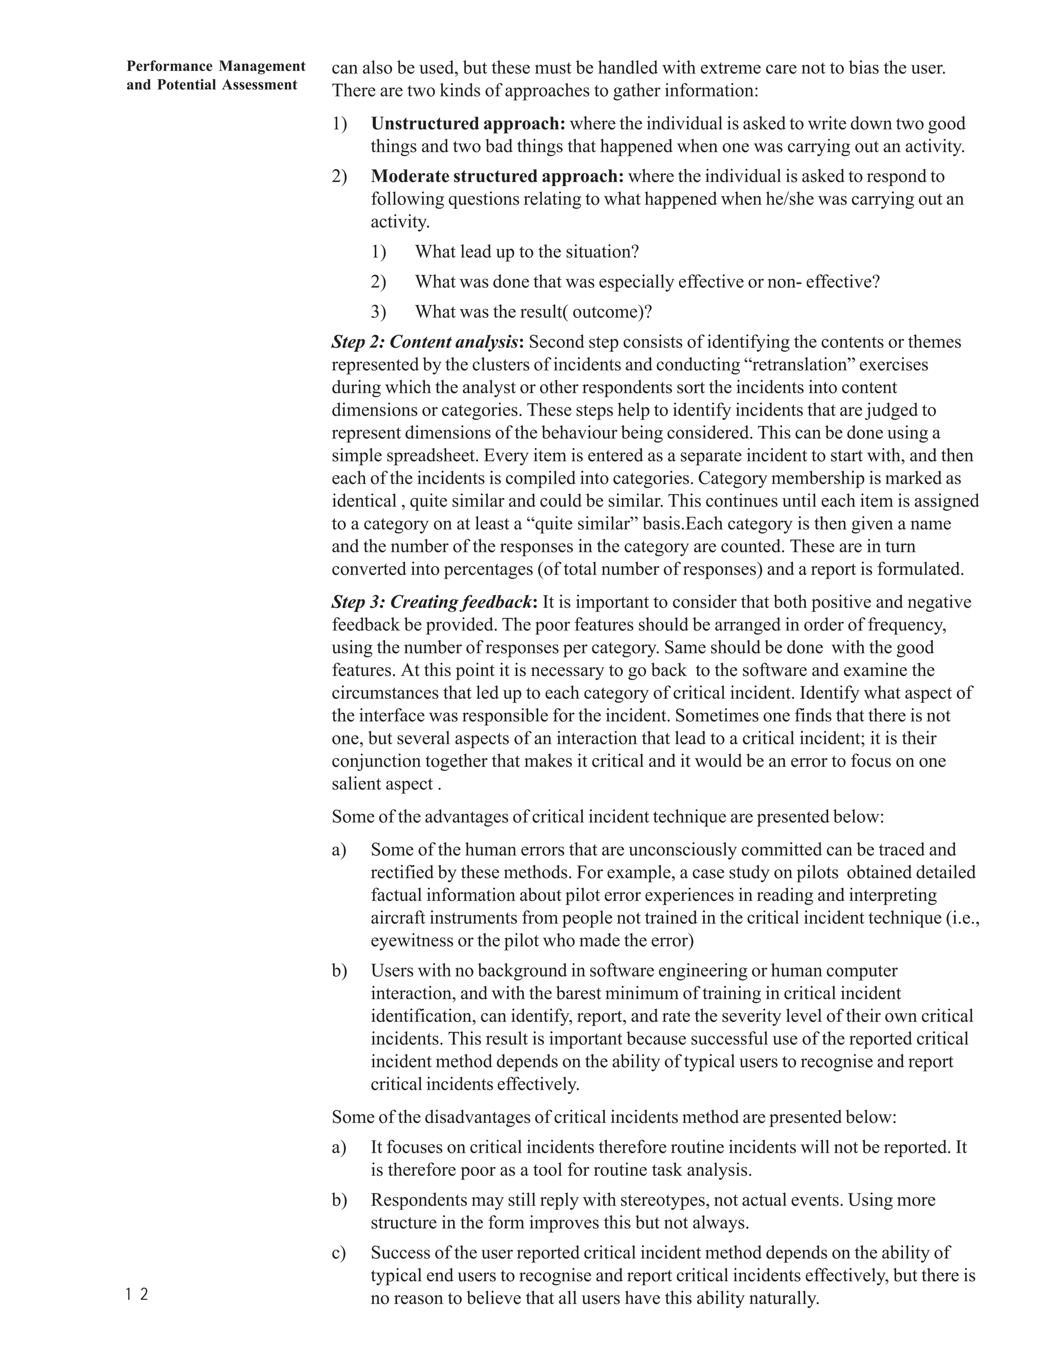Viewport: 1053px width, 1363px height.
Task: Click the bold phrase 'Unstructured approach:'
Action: click(468, 123)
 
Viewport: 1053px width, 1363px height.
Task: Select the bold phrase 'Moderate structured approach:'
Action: click(497, 176)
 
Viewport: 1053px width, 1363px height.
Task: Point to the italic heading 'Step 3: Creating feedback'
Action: click(431, 602)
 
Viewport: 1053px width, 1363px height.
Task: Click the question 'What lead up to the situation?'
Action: click(527, 252)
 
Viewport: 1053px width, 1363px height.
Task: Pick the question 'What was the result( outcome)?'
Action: click(533, 312)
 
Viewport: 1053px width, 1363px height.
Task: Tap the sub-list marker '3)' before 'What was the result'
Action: click(378, 312)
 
